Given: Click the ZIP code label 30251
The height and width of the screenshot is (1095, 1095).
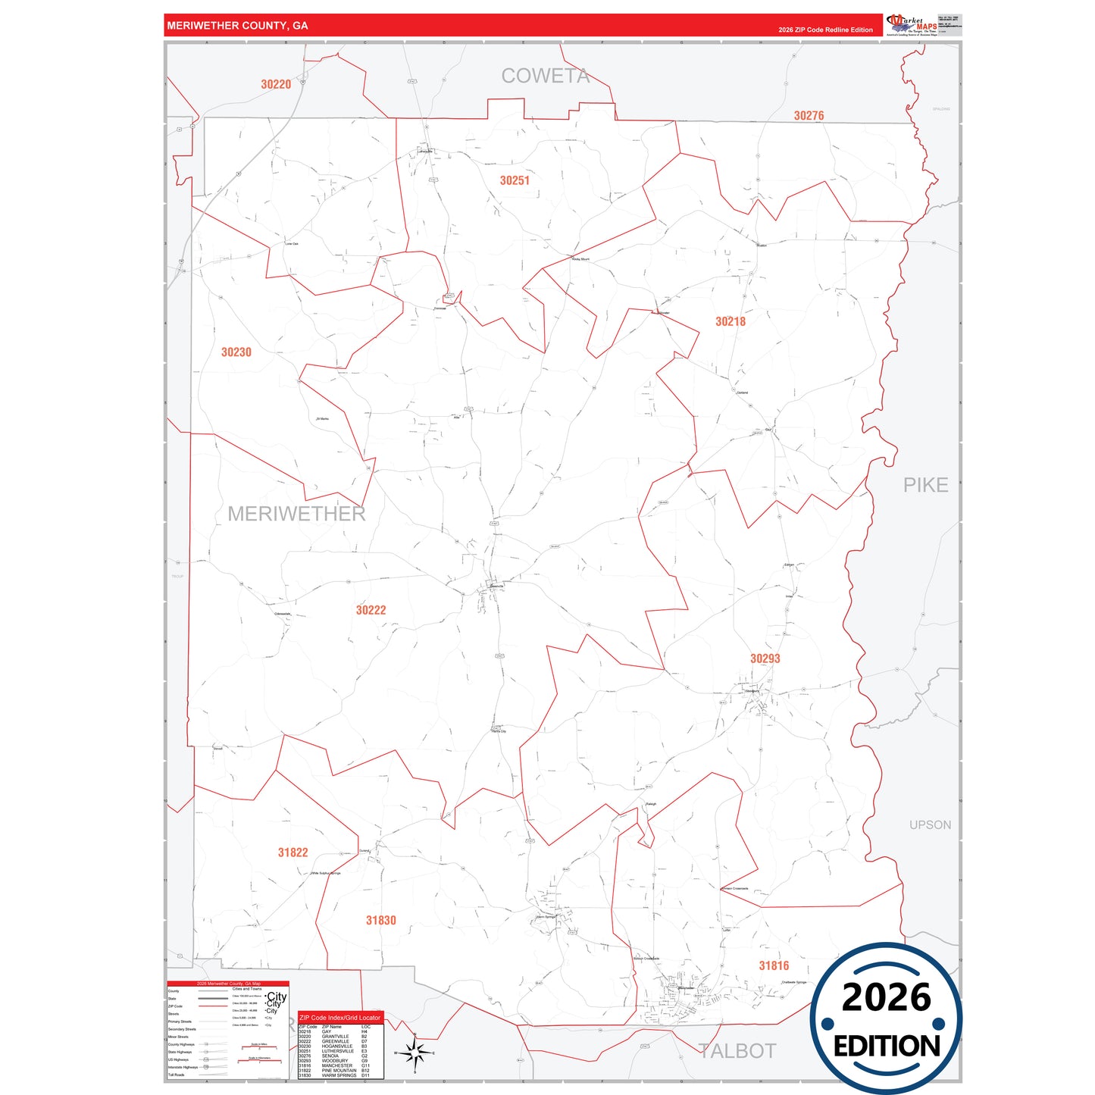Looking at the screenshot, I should pyautogui.click(x=515, y=180).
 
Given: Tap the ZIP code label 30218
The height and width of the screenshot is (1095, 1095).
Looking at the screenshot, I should pyautogui.click(x=731, y=321).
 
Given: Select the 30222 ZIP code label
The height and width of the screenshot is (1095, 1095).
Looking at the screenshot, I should pyautogui.click(x=371, y=610).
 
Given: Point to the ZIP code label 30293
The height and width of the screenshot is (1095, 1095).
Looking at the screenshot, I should pyautogui.click(x=765, y=659).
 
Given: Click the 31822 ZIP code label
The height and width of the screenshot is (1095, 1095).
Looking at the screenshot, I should pyautogui.click(x=293, y=853).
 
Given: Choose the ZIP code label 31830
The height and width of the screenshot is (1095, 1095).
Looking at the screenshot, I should pyautogui.click(x=380, y=920).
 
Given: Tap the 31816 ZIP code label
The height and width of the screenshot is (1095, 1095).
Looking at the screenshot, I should pyautogui.click(x=774, y=965).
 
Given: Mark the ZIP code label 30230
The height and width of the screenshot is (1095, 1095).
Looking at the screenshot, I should pyautogui.click(x=236, y=352).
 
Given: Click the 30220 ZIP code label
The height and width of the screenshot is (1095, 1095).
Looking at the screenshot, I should pyautogui.click(x=276, y=85).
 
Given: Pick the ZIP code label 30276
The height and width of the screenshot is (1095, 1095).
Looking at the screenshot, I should pyautogui.click(x=809, y=116).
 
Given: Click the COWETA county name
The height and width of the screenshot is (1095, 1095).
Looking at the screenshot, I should pyautogui.click(x=545, y=76).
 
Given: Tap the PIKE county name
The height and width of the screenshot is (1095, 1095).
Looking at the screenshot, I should pyautogui.click(x=925, y=485).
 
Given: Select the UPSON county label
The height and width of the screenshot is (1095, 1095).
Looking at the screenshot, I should pyautogui.click(x=930, y=824).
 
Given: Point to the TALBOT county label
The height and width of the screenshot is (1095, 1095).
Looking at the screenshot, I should pyautogui.click(x=737, y=1051).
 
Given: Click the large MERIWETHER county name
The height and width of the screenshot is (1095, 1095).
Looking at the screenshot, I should pyautogui.click(x=296, y=514).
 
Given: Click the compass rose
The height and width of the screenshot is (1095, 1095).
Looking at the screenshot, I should pyautogui.click(x=415, y=1053).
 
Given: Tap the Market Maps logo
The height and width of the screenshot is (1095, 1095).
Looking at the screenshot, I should pyautogui.click(x=912, y=25).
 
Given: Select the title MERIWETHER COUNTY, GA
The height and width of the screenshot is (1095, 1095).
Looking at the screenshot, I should pyautogui.click(x=237, y=26).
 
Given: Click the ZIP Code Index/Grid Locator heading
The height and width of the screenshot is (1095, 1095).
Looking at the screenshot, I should pyautogui.click(x=339, y=1018).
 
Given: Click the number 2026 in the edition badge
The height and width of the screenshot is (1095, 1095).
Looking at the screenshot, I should pyautogui.click(x=886, y=997).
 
